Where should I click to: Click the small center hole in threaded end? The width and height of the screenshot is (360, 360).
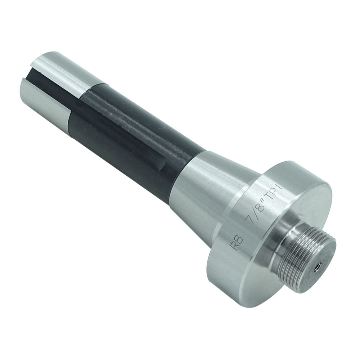[x=318, y=266]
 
